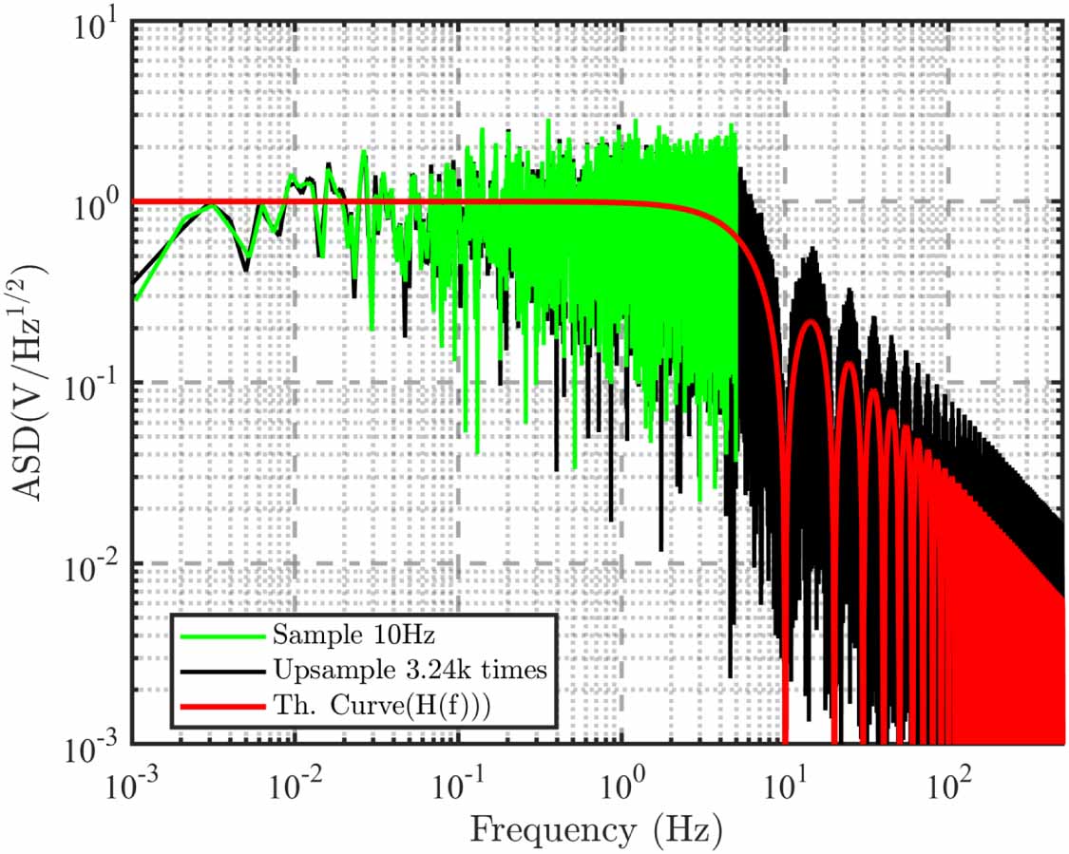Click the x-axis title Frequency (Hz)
(x=596, y=829)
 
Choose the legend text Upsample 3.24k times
(x=410, y=670)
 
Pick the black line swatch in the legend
(x=220, y=670)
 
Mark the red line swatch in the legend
(x=220, y=707)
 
